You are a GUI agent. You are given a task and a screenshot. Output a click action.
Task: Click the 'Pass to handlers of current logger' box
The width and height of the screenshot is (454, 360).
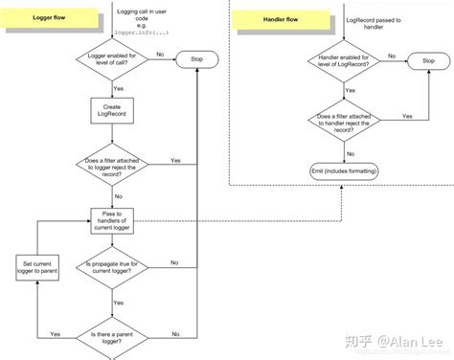(x=116, y=217)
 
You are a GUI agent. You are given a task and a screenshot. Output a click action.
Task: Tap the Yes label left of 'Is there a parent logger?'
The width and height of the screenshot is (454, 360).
(x=56, y=333)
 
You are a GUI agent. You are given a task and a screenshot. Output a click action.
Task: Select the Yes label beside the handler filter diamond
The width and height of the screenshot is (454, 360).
(x=407, y=115)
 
